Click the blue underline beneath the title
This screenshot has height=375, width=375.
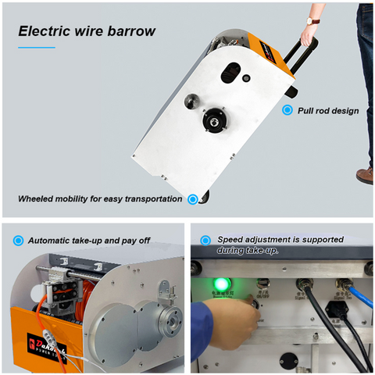point(37,48)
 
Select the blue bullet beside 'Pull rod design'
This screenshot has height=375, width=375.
point(287,111)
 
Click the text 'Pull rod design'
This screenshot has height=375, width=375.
point(328,111)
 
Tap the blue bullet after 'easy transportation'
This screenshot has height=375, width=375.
point(191,198)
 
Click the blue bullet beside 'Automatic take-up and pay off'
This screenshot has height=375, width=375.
point(18,241)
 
